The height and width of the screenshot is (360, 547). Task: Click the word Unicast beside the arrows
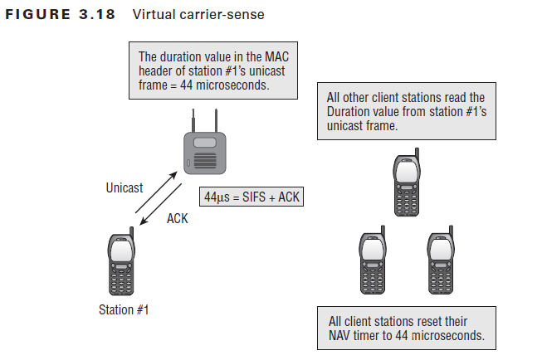tap(125, 188)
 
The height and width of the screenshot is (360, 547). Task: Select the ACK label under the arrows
tap(178, 218)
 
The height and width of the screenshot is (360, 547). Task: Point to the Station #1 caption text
tap(122, 310)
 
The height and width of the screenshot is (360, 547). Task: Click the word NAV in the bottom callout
tap(340, 337)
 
